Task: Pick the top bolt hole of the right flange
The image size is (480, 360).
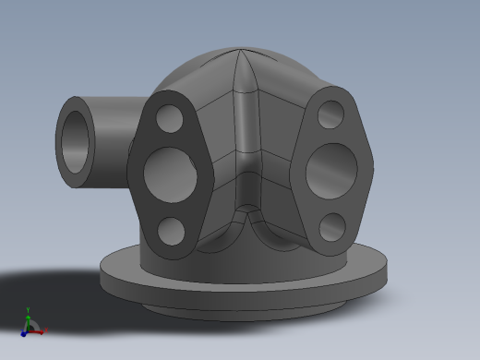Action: [330, 114]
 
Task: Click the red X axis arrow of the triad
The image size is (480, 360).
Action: [38, 330]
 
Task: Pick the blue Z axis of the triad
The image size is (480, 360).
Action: [24, 330]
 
